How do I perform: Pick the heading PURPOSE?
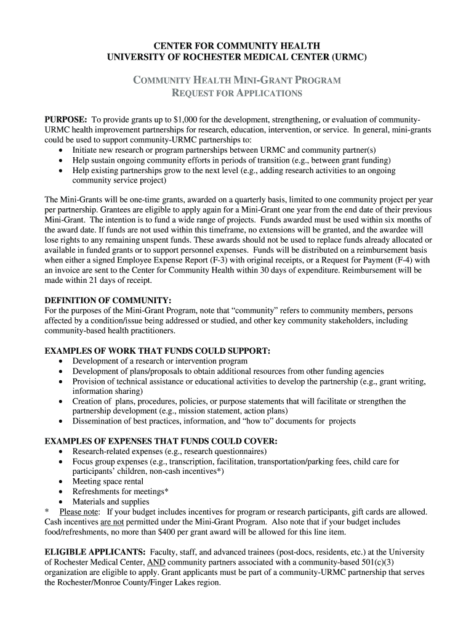click(x=66, y=119)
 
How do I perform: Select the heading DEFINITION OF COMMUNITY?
click(x=107, y=300)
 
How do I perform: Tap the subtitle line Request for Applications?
click(x=236, y=94)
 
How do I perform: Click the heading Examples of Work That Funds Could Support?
click(x=158, y=351)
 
